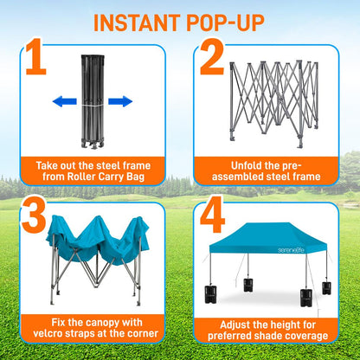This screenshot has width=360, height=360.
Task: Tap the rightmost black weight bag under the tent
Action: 326,288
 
